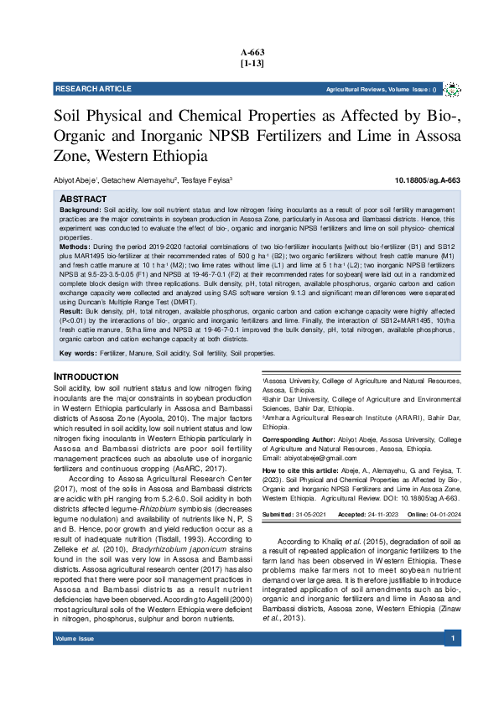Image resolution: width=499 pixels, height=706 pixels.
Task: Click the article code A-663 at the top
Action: click(x=252, y=52)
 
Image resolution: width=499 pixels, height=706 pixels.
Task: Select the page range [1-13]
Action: click(x=252, y=63)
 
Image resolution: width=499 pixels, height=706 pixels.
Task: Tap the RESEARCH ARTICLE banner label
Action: click(x=93, y=89)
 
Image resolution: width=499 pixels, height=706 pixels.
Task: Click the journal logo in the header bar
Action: click(x=452, y=89)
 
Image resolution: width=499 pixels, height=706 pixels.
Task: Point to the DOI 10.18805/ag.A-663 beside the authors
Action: click(x=428, y=180)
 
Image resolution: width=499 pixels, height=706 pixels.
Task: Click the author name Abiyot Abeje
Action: click(x=75, y=180)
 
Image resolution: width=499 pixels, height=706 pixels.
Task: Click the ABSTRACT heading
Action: click(x=84, y=198)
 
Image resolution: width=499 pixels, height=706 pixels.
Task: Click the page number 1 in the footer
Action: click(x=452, y=685)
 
